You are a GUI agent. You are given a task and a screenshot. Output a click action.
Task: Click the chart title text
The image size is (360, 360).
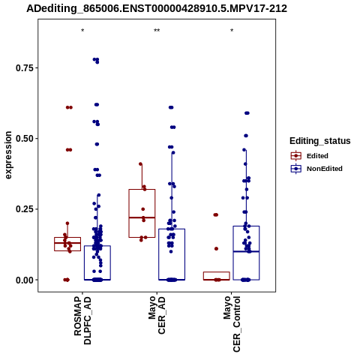157,9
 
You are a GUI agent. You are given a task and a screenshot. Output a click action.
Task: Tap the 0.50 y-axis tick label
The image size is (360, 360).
25,139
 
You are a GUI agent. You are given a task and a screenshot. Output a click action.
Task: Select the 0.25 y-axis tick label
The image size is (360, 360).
25,209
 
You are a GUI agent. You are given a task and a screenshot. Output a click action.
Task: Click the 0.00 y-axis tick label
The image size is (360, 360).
25,280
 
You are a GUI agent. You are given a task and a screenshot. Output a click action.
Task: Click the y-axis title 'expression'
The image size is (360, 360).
8,155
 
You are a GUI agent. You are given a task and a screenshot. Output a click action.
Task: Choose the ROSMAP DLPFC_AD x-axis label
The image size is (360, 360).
82,321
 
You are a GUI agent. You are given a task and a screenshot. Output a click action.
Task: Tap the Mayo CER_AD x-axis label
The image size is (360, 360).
157,315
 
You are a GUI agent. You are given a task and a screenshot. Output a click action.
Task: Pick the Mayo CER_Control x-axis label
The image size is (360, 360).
232,324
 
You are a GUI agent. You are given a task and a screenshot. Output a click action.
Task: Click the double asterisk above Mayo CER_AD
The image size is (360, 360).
157,31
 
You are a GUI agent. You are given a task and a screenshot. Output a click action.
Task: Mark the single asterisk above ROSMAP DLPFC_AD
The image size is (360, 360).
82,31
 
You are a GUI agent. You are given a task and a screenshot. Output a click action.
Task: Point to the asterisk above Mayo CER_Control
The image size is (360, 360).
232,31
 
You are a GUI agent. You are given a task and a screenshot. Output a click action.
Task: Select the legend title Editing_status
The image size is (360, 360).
320,141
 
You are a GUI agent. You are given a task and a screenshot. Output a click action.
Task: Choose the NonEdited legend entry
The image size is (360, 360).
316,169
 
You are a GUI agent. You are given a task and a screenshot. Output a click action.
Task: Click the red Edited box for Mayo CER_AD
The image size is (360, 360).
142,190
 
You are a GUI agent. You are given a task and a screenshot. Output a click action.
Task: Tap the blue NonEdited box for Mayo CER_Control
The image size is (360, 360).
246,226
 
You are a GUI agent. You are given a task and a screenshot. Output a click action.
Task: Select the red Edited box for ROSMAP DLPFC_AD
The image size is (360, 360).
67,238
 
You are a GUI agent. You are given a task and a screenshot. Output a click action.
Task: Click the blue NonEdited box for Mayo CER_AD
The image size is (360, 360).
172,229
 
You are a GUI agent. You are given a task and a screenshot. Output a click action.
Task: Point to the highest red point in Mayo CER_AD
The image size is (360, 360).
140,164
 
